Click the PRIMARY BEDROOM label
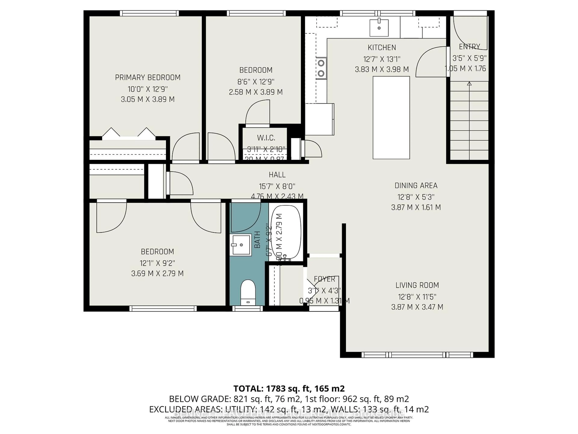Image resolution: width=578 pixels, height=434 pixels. point(148,77)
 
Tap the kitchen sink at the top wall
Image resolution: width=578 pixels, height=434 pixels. point(379,27)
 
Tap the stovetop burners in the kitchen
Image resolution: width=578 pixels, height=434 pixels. point(321,68)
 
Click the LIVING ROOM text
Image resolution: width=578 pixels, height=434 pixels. point(417,285)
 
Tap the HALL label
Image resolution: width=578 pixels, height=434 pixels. point(277,175)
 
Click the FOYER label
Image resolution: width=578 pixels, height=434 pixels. point(324,279)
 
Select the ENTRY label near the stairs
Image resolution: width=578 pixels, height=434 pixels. point(469,47)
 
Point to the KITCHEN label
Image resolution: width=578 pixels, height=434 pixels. point(382,48)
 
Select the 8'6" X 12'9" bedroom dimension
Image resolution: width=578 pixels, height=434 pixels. point(256,82)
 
